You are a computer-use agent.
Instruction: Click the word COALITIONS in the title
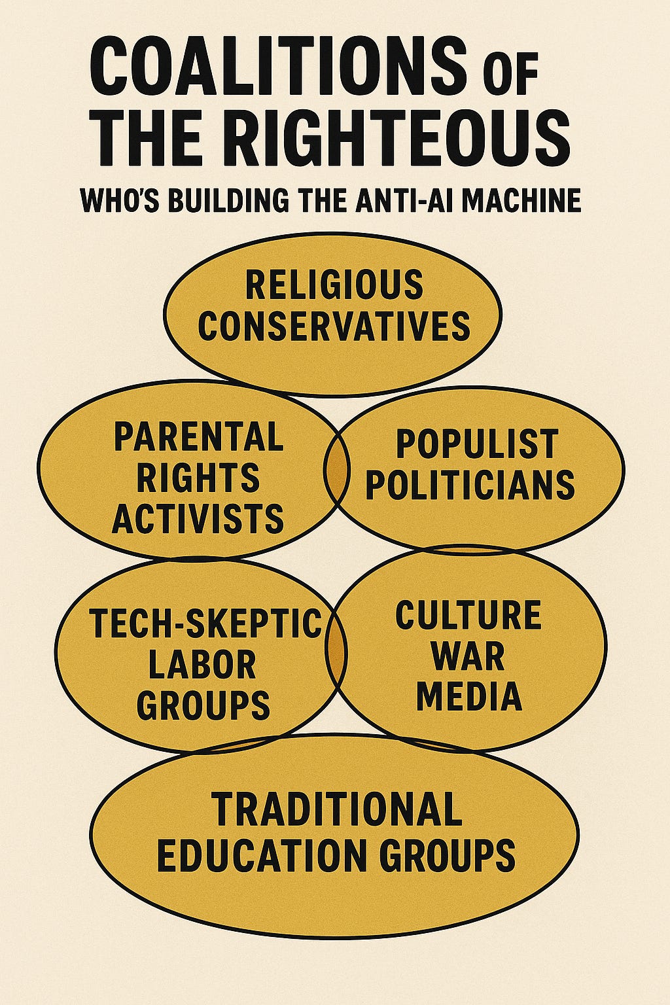point(278,66)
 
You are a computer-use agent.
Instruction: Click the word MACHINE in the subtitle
point(517,200)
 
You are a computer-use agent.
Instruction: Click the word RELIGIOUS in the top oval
point(334,285)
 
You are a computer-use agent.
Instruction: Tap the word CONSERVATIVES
point(334,325)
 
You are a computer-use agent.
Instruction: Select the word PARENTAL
point(199,436)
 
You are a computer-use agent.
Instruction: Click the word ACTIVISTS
point(198,518)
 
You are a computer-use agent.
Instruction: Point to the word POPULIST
point(477,444)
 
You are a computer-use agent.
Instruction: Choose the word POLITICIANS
point(470,485)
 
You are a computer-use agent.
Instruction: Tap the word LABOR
point(202,664)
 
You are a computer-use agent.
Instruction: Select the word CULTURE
point(468,616)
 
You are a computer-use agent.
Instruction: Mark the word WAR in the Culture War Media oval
point(468,656)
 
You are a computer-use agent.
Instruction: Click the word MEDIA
point(469,696)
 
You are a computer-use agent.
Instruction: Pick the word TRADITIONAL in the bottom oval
point(336,809)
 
